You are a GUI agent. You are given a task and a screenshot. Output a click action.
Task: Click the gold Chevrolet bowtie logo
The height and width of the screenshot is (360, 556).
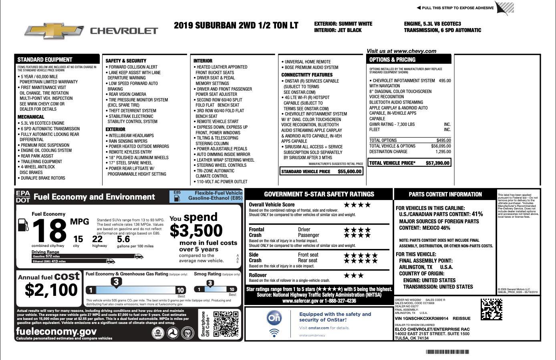[x=53, y=31]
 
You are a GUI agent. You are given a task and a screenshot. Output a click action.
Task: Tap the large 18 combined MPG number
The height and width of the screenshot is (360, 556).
[x=49, y=231]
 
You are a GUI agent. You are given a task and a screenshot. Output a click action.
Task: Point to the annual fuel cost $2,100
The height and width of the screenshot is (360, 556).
[x=51, y=289]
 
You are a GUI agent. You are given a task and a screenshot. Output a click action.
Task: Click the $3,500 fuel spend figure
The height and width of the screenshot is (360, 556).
[x=196, y=231]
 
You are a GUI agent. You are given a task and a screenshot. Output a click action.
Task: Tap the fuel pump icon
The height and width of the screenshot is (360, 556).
[x=23, y=225]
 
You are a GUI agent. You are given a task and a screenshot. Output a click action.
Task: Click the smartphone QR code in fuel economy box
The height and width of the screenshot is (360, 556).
[x=226, y=324]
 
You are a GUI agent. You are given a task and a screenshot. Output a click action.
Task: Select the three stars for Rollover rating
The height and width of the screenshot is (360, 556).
[x=354, y=275]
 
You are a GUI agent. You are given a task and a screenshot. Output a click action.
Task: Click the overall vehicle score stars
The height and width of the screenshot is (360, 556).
[x=357, y=205]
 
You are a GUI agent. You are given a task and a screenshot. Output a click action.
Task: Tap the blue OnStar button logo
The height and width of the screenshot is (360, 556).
[x=274, y=318]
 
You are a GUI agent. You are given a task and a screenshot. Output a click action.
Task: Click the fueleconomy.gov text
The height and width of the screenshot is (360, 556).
[x=56, y=331]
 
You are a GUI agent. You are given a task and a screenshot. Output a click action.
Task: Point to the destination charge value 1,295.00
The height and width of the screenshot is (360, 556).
[x=443, y=152]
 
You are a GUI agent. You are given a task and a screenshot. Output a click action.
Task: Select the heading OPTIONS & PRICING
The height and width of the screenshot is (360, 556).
[x=392, y=60]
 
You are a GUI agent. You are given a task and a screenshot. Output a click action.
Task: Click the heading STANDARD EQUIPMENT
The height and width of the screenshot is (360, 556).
[x=45, y=60]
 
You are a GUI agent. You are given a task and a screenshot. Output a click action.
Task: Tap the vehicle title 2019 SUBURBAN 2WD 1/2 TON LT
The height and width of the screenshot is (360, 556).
[x=236, y=26]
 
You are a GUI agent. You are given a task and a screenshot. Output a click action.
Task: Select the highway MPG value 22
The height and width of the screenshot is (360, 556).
[x=97, y=239]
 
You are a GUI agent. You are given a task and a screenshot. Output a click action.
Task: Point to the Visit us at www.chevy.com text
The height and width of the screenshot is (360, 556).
[x=401, y=51]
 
